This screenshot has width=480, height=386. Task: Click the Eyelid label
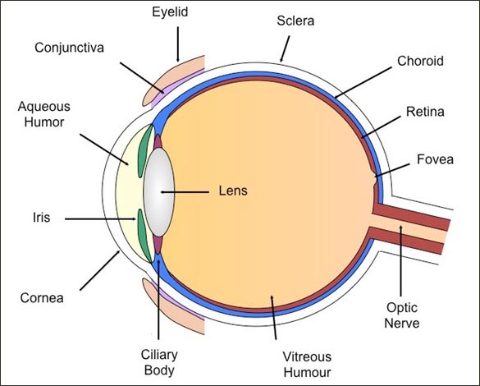[170, 12]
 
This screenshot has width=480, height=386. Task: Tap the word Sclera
[295, 21]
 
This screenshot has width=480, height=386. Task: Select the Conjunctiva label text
[69, 48]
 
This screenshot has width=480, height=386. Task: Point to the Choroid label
[420, 61]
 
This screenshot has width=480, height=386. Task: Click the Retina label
[425, 112]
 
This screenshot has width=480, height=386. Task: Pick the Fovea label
[435, 159]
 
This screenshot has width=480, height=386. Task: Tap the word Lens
[233, 191]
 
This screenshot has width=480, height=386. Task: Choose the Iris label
[41, 218]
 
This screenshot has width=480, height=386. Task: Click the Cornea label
[42, 298]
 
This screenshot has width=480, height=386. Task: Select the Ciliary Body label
[159, 362]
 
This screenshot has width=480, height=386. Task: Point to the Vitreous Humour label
[307, 365]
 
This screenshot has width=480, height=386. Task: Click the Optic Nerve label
[401, 315]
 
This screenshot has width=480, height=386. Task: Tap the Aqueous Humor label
[44, 114]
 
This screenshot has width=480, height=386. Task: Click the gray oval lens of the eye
[159, 192]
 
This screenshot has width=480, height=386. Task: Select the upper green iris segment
[144, 151]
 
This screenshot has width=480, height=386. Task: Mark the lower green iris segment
[144, 236]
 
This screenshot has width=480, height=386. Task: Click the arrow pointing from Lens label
[185, 192]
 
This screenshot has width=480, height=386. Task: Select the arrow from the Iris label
[100, 219]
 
